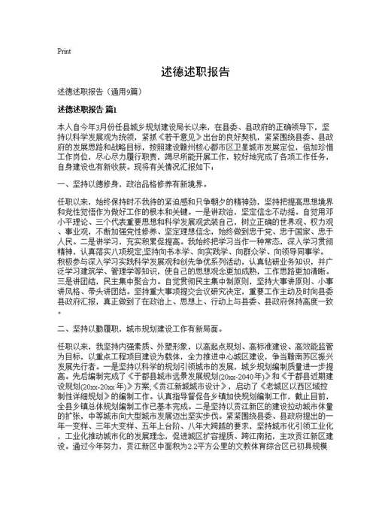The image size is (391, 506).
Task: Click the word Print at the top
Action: [x=64, y=52]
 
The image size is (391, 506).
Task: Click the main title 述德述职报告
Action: [x=195, y=72]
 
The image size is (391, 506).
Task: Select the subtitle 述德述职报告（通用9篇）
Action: [x=99, y=92]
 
